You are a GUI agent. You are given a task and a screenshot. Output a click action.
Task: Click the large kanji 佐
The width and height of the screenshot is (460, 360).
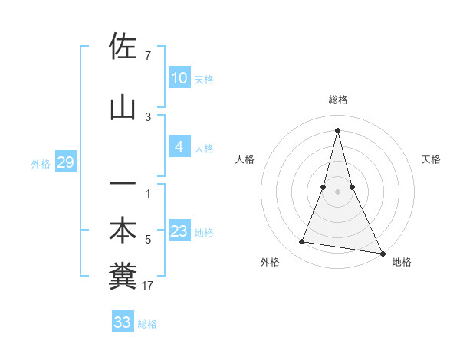pyautogui.click(x=123, y=47)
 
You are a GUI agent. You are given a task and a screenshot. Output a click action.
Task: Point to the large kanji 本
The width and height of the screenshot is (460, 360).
pyautogui.click(x=123, y=231)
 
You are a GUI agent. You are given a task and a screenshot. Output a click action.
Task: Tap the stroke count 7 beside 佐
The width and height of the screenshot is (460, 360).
pyautogui.click(x=147, y=56)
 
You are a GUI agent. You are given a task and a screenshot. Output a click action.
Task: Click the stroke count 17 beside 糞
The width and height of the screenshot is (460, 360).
pyautogui.click(x=149, y=286)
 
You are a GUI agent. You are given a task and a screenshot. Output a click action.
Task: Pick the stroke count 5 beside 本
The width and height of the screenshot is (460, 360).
pyautogui.click(x=148, y=240)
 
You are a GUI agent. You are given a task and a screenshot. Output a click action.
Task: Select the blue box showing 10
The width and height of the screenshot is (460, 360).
pyautogui.click(x=179, y=78)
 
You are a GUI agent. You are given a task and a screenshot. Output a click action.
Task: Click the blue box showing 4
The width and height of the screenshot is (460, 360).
pyautogui.click(x=179, y=147)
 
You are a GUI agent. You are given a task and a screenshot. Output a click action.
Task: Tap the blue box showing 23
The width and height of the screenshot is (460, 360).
pyautogui.click(x=179, y=231)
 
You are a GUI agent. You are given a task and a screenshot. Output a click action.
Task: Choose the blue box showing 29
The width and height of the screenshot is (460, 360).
pyautogui.click(x=65, y=163)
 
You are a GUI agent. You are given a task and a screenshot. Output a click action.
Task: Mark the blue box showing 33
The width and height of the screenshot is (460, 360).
pyautogui.click(x=122, y=322)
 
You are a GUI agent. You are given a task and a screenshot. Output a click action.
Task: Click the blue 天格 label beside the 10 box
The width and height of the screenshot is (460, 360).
pyautogui.click(x=204, y=80)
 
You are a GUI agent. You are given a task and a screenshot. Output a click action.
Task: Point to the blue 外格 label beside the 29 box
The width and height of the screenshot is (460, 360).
pyautogui.click(x=41, y=164)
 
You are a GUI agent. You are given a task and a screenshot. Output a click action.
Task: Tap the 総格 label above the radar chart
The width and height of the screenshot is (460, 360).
pyautogui.click(x=337, y=100)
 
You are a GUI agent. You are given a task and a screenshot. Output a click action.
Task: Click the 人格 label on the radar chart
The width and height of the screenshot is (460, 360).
pyautogui.click(x=245, y=159)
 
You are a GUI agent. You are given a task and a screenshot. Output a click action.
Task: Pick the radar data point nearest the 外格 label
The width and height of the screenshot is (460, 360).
pyautogui.click(x=302, y=242)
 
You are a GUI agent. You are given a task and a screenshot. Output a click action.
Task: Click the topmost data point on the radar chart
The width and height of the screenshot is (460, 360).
pyautogui.click(x=337, y=130)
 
